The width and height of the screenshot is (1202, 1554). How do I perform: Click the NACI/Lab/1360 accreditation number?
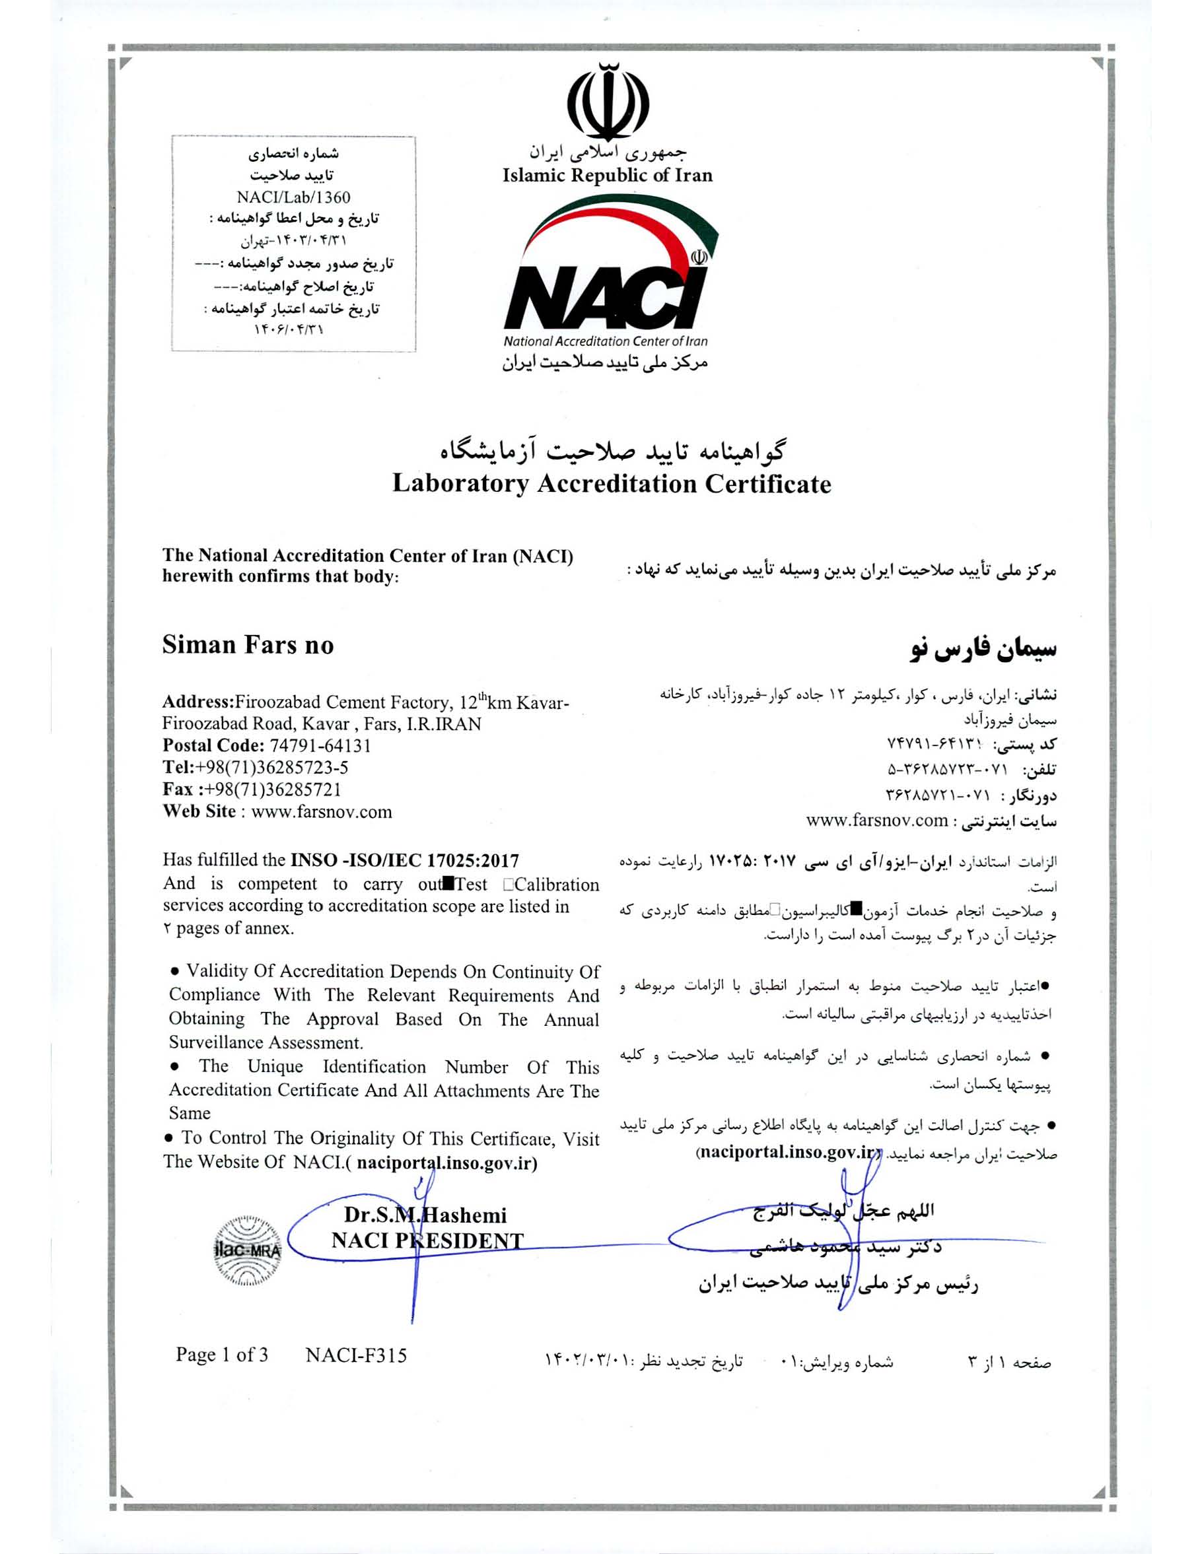pos(293,197)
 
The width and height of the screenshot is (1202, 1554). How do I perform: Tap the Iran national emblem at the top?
pos(607,102)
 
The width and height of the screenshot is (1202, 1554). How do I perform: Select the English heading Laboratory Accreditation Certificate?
pos(612,484)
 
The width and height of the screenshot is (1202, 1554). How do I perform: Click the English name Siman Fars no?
pos(248,645)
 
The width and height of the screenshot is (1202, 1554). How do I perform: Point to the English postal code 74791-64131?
pos(320,746)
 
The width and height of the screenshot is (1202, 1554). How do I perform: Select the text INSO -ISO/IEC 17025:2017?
pos(405,860)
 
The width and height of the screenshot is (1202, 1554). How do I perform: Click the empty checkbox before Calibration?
pos(507,885)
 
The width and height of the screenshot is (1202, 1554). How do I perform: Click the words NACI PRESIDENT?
pos(427,1241)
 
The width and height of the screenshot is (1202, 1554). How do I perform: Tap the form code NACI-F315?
pos(356,1355)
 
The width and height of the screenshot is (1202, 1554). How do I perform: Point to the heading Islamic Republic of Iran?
pos(607,175)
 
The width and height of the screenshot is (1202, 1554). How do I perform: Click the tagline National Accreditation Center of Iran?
pos(605,341)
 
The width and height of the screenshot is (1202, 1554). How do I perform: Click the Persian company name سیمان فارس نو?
pos(983,650)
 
